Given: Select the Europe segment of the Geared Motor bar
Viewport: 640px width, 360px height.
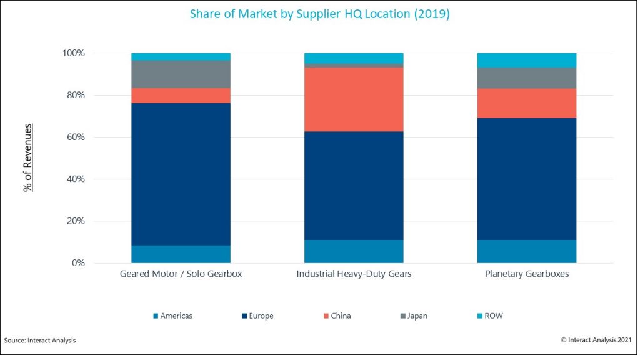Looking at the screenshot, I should [181, 174].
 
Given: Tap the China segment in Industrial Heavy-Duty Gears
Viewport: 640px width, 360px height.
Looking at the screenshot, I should [353, 99].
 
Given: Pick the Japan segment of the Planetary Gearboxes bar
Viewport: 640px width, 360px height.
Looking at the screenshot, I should [526, 77].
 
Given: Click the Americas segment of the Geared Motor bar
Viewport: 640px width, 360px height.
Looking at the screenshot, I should [181, 254].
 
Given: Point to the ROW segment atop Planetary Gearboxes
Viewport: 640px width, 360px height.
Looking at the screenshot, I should [526, 60].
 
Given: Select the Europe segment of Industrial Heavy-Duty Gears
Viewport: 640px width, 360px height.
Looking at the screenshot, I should [353, 186].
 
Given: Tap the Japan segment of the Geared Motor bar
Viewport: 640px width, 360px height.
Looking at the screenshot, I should [181, 74].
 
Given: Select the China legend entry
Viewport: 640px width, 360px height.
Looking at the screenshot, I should [337, 316].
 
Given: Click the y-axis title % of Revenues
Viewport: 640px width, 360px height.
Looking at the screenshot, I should [28, 158].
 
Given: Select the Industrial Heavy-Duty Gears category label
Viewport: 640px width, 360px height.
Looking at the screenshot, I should [354, 274].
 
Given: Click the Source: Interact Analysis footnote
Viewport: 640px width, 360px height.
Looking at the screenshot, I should [40, 340].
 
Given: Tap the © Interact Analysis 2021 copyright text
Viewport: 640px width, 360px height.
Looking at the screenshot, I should [596, 340].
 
